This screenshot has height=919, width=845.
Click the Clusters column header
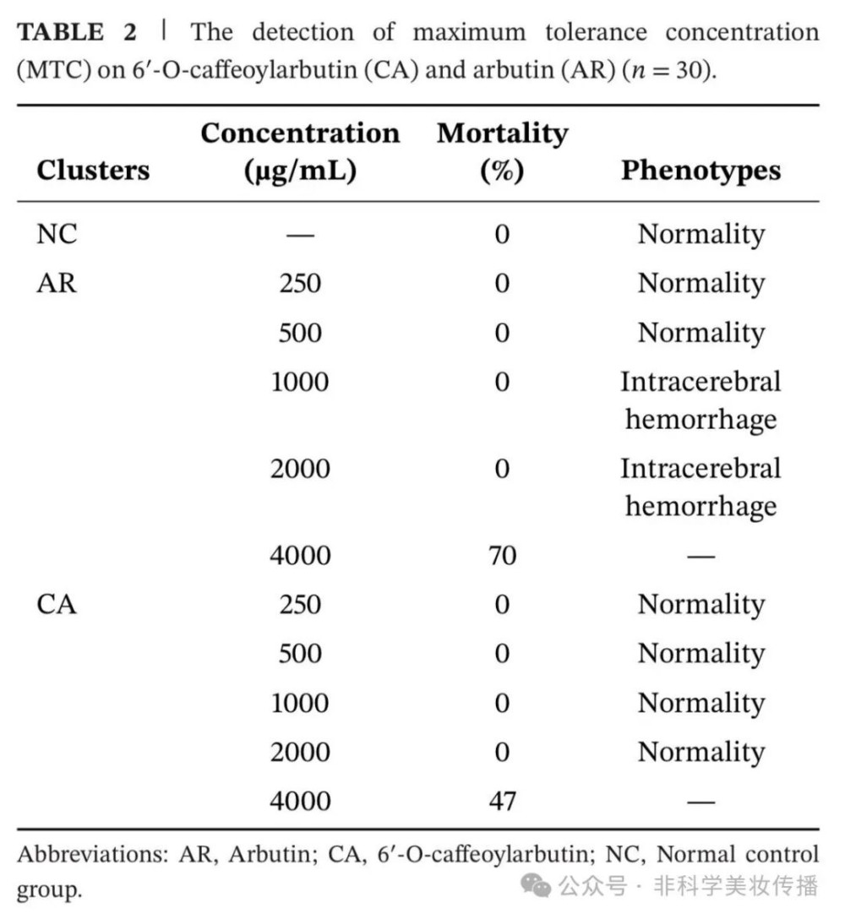(93, 170)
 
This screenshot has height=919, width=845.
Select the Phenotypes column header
(701, 170)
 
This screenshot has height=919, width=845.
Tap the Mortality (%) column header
(502, 152)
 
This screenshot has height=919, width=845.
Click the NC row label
(57, 234)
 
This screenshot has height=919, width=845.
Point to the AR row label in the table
(57, 283)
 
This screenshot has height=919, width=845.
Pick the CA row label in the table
(57, 605)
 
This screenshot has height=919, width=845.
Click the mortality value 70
(502, 556)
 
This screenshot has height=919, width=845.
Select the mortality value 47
(502, 800)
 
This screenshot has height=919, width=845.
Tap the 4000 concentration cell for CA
(300, 800)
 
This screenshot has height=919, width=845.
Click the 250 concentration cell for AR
(300, 283)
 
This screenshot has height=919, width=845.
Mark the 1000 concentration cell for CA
(300, 703)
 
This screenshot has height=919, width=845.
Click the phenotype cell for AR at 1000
(701, 400)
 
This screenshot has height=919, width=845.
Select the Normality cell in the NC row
(701, 234)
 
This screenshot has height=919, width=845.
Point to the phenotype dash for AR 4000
(701, 556)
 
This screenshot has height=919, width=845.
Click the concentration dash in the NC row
(300, 234)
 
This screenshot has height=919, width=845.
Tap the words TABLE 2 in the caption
(76, 33)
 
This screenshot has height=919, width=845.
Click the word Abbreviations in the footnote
(93, 854)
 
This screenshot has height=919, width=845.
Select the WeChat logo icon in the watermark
(536, 885)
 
